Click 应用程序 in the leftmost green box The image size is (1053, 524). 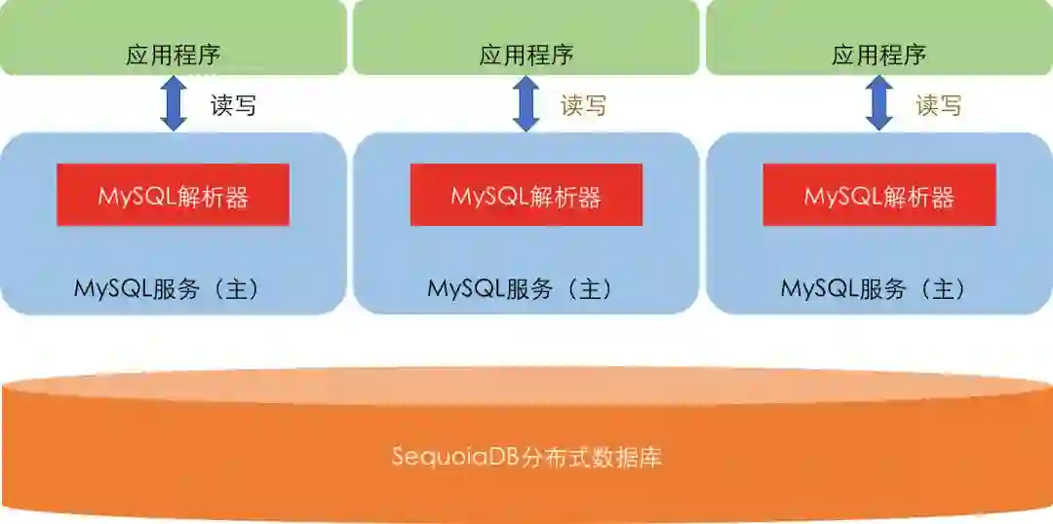point(173,55)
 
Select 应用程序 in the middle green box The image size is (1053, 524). point(526,55)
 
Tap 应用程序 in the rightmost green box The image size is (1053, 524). point(878,55)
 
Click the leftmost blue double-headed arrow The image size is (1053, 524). point(174,103)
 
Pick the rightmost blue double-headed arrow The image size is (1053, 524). point(879,103)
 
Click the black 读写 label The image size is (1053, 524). point(234,105)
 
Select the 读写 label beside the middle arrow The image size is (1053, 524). point(583,105)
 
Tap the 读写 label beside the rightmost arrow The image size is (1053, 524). point(938,105)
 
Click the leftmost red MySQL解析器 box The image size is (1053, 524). point(173,195)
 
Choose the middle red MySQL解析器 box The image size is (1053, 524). point(526,195)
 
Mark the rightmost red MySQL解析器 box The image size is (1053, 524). point(878,195)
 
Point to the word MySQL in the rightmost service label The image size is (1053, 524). point(812,288)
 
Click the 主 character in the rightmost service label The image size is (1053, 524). point(945,288)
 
